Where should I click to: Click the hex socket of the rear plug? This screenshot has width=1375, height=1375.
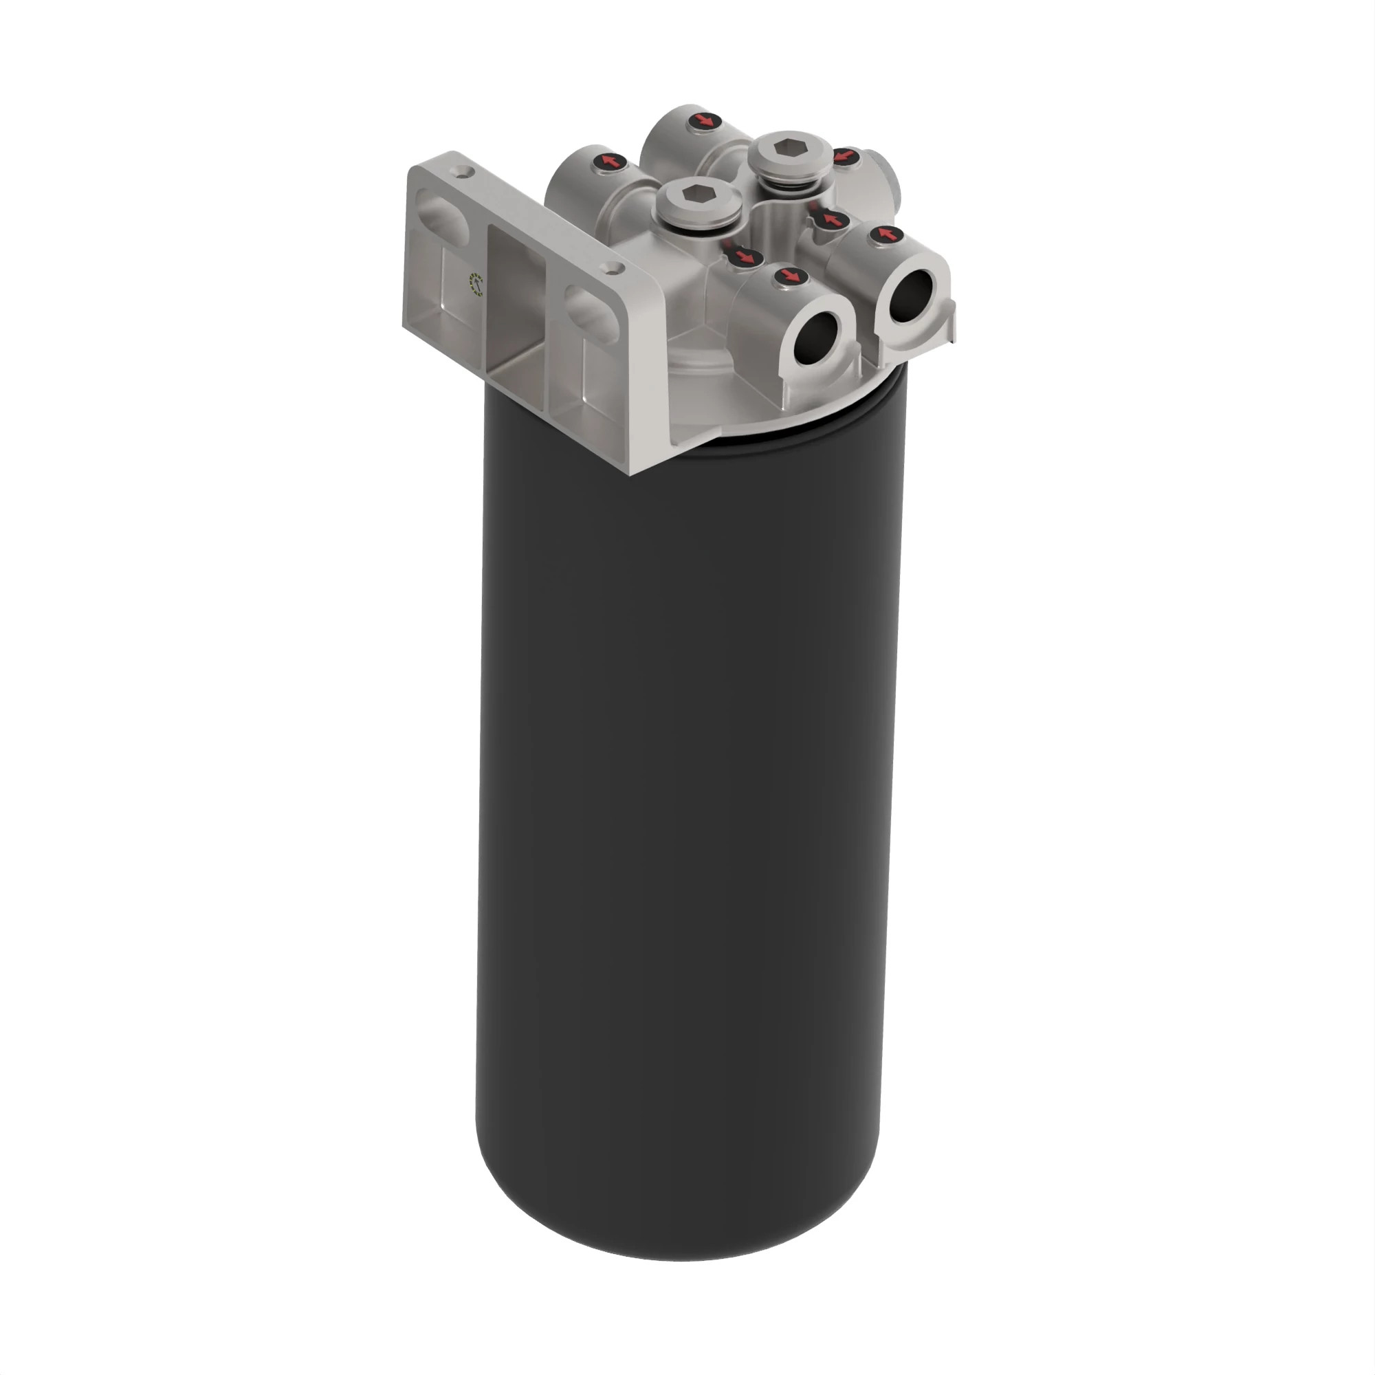tap(789, 148)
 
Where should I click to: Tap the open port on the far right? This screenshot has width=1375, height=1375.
tap(911, 296)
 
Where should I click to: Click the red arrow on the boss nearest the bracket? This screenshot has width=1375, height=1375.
tap(610, 162)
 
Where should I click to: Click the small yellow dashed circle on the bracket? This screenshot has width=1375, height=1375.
tap(474, 283)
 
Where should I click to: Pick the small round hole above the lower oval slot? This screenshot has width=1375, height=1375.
tap(611, 267)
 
